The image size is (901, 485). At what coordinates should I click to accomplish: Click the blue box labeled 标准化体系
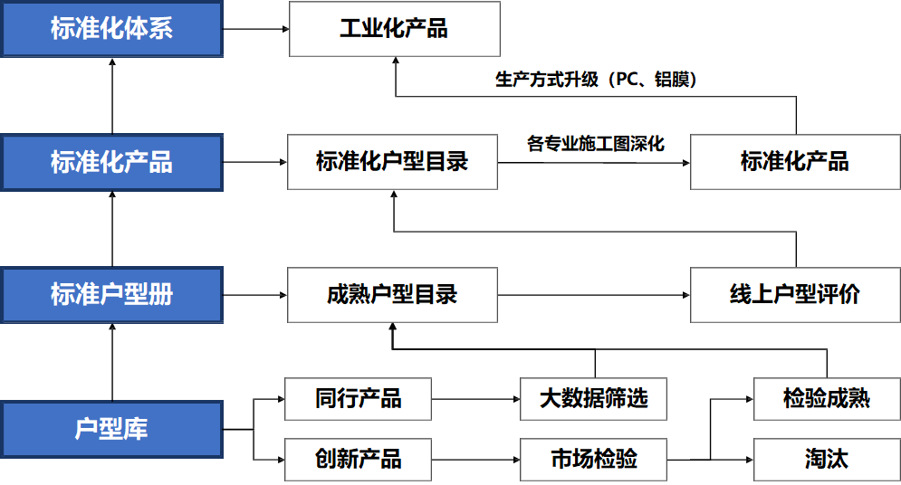coord(111,29)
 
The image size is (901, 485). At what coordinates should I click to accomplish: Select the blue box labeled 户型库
coord(111,428)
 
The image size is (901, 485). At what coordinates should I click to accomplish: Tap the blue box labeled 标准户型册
coord(111,295)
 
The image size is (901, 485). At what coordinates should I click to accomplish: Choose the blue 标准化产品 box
coord(111,162)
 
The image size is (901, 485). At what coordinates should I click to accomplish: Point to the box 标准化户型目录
coord(392,162)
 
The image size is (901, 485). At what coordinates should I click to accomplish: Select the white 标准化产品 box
coord(794,162)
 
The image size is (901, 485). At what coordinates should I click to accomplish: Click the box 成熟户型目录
coord(392,295)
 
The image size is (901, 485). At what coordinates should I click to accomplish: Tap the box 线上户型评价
coord(794,295)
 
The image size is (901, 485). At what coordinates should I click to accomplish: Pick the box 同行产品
coord(358,399)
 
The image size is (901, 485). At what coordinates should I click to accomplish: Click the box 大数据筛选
coord(593,399)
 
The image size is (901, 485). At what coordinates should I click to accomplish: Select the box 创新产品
coord(358,459)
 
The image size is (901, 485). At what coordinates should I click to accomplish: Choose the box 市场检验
coord(593,459)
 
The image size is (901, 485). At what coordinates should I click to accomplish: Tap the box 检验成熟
coord(826,399)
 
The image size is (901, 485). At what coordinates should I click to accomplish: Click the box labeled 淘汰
coord(826,459)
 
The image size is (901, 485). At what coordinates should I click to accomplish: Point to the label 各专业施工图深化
coord(595,144)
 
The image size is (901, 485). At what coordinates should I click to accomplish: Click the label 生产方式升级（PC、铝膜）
coord(595,80)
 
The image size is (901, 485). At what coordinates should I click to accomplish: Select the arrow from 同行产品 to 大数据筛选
coord(475,399)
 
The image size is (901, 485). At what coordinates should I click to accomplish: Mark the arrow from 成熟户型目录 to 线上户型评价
coord(593,295)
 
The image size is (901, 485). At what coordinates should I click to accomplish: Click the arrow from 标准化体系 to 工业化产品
coord(255,29)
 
